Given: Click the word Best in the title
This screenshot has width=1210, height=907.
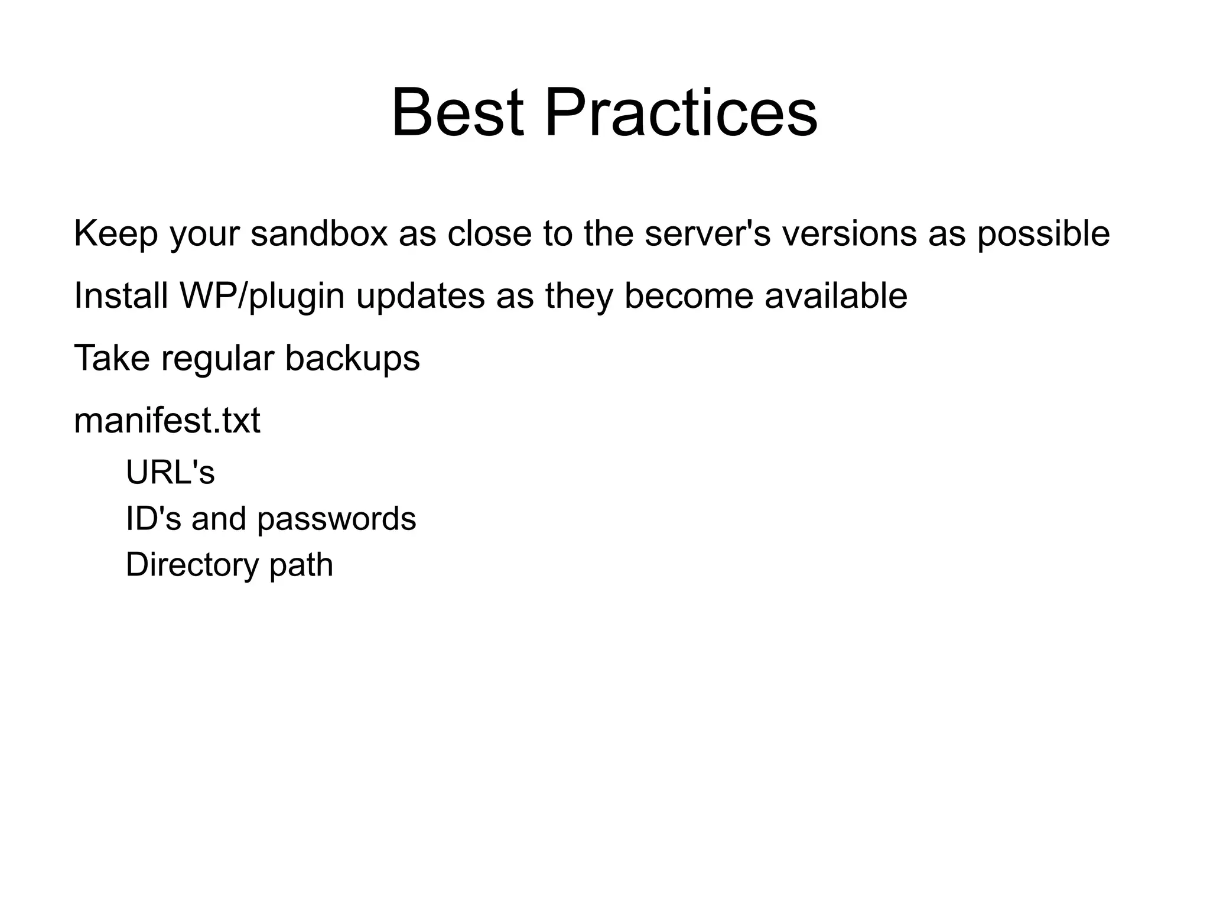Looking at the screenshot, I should pyautogui.click(x=457, y=112).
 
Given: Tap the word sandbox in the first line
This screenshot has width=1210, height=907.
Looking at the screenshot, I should pyautogui.click(x=319, y=233).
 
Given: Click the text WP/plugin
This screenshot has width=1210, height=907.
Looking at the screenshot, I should pyautogui.click(x=262, y=297).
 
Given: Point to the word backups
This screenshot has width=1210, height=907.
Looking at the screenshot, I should pyautogui.click(x=352, y=359).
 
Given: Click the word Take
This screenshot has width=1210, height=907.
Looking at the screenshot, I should pyautogui.click(x=111, y=358).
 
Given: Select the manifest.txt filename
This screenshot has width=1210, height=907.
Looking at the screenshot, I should pyautogui.click(x=167, y=421).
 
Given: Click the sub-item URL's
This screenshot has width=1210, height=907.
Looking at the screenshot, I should pyautogui.click(x=170, y=472).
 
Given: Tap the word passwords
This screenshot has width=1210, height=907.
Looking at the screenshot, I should pyautogui.click(x=336, y=519).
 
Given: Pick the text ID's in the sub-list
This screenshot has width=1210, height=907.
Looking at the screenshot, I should pyautogui.click(x=153, y=518).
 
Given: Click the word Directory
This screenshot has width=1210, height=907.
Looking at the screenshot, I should pyautogui.click(x=192, y=565).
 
